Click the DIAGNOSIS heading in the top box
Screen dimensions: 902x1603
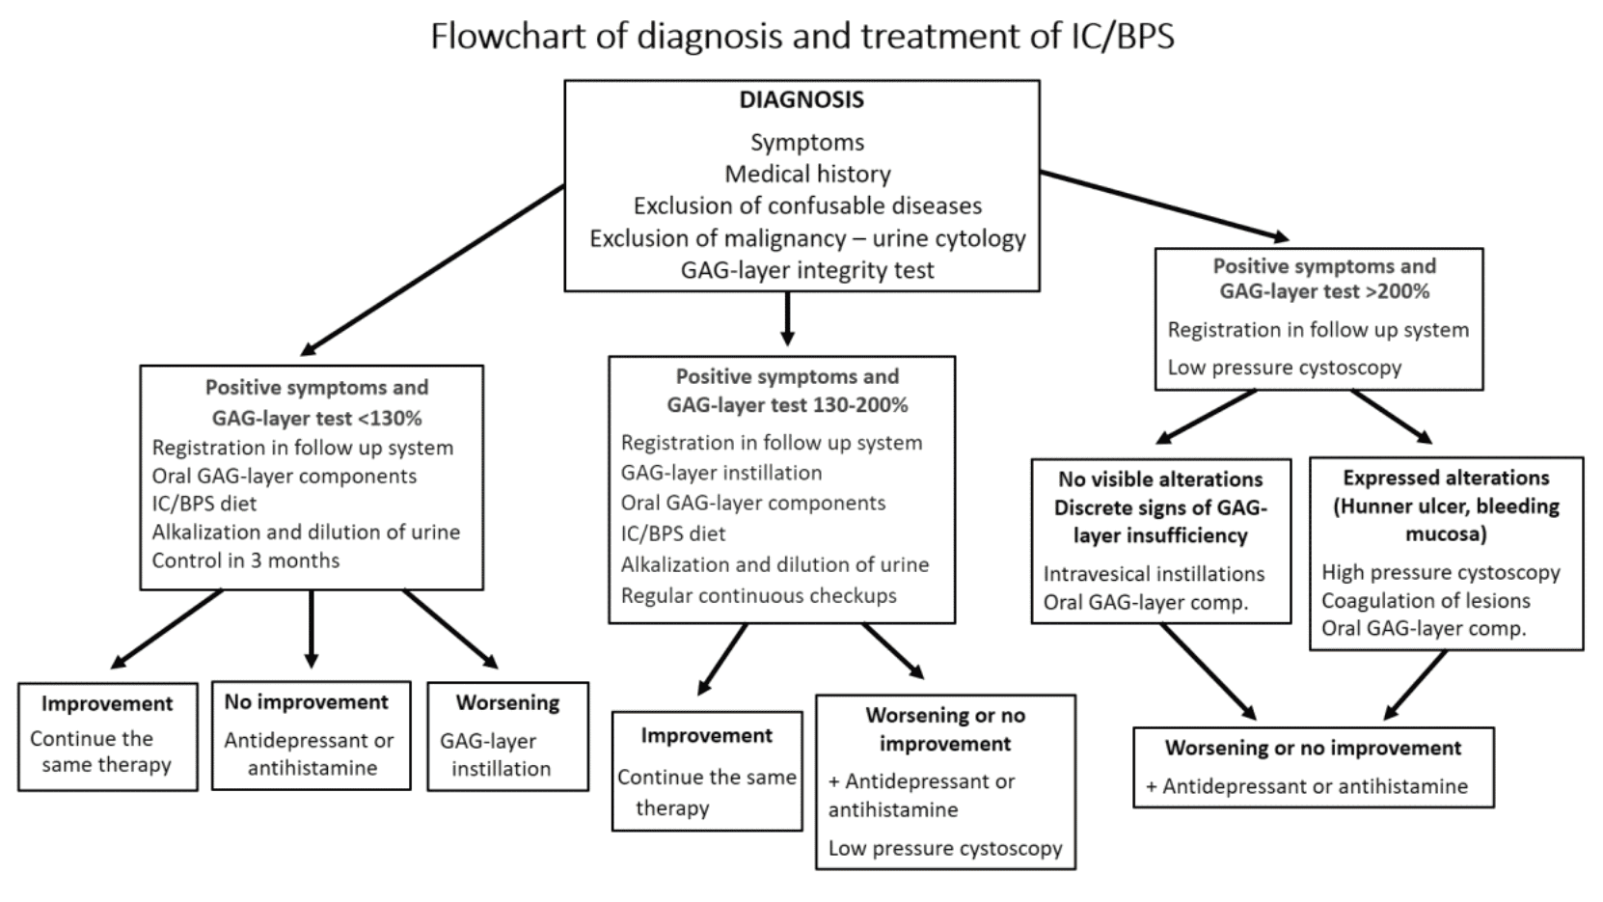point(801,100)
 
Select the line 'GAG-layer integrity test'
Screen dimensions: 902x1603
point(806,270)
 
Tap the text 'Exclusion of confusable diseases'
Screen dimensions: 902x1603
point(806,205)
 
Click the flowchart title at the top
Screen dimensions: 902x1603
point(801,37)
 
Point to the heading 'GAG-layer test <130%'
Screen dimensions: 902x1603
point(316,418)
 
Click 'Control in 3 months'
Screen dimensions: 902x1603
point(245,560)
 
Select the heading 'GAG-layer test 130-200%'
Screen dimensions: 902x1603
point(786,405)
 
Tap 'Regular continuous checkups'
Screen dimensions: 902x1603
point(758,595)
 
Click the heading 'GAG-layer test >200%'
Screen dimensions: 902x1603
point(1323,291)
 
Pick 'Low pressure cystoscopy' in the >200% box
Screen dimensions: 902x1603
point(1284,368)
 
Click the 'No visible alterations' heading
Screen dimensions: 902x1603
point(1159,479)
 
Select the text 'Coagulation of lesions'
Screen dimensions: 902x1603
point(1425,601)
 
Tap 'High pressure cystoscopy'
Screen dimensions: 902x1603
point(1439,572)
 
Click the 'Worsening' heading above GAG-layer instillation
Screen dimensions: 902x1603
point(507,702)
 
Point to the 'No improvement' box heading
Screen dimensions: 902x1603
point(306,702)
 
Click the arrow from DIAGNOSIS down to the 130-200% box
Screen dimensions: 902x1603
point(787,318)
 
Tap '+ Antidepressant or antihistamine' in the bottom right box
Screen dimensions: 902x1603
point(1306,786)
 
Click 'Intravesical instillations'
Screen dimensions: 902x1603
point(1153,574)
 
